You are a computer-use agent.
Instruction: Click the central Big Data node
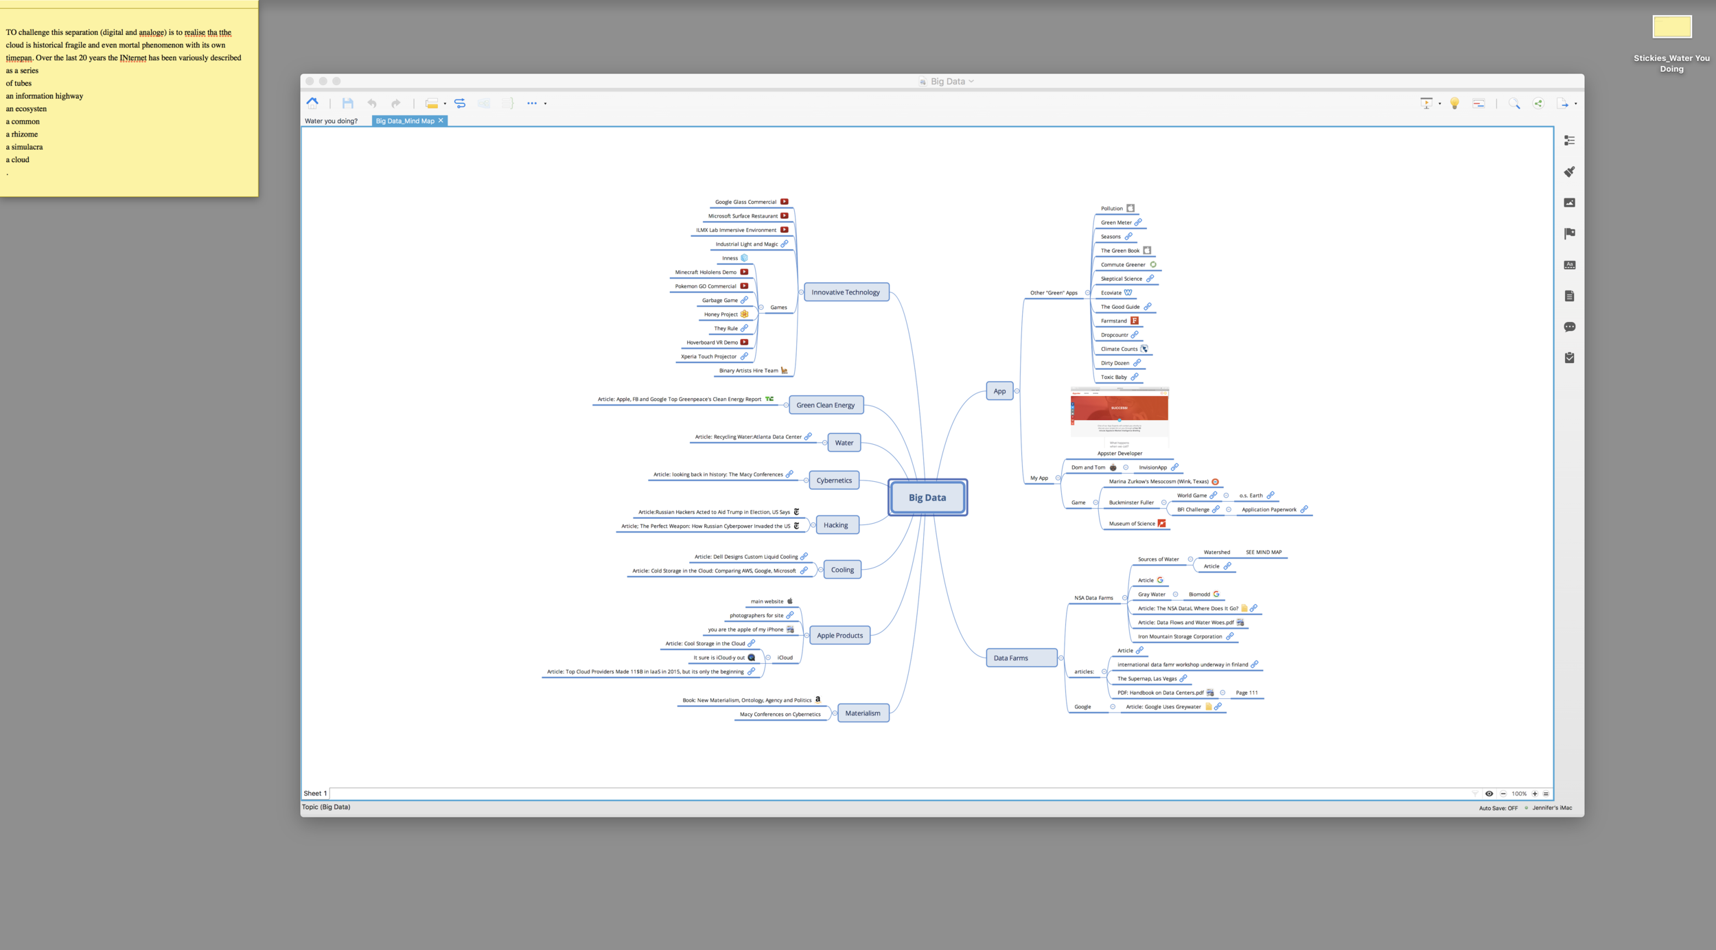(x=927, y=498)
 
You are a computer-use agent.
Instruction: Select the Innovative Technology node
(x=846, y=292)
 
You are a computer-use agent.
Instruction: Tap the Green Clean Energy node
(x=825, y=405)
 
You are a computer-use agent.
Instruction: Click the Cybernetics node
(x=834, y=480)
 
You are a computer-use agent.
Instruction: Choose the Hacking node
(x=835, y=525)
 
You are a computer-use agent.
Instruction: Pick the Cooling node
(x=842, y=570)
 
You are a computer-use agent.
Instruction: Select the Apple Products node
(x=839, y=636)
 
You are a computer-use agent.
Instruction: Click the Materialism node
(x=862, y=713)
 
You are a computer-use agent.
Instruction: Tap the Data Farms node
(x=1011, y=658)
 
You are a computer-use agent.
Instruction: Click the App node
(x=999, y=391)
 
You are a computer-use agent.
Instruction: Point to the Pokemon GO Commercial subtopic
(x=705, y=286)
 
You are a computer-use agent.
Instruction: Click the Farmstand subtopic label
(x=1113, y=321)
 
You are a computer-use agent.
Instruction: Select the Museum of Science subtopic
(x=1132, y=524)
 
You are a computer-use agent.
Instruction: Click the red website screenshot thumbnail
(x=1120, y=413)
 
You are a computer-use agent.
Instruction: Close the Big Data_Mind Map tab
(x=441, y=121)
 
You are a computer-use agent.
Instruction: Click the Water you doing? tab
(x=331, y=121)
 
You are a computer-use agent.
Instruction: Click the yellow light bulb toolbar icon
(x=1454, y=104)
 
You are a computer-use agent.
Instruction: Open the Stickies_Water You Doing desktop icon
(x=1671, y=27)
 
